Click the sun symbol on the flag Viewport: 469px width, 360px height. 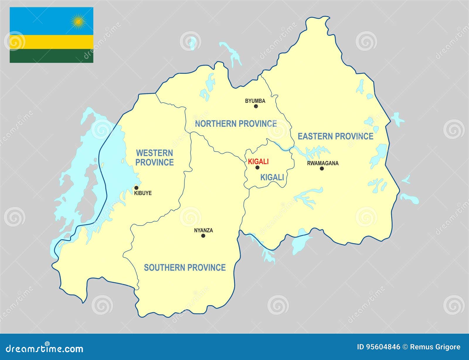[78, 21]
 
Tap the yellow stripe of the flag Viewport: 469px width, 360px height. [51, 42]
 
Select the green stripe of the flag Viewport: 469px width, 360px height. [51, 56]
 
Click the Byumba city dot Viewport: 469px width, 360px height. [256, 106]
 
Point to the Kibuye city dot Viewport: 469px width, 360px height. [136, 188]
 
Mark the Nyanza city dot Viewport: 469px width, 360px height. [203, 236]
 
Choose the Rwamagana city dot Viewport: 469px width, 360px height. [322, 168]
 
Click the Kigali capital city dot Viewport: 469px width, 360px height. [257, 168]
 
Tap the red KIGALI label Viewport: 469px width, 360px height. [258, 161]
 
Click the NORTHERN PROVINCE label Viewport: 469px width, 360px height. [236, 124]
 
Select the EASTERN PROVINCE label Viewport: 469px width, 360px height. [335, 136]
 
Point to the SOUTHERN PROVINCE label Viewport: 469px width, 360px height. [185, 267]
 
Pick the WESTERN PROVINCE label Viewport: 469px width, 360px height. [154, 158]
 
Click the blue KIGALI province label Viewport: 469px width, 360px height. [272, 177]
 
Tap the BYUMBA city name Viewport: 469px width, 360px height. [255, 101]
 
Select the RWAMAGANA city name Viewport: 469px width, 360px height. [323, 163]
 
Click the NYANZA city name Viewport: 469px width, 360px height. [203, 230]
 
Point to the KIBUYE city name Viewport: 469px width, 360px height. [143, 193]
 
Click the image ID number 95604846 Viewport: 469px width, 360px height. [383, 347]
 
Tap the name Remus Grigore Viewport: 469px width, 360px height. [435, 347]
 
